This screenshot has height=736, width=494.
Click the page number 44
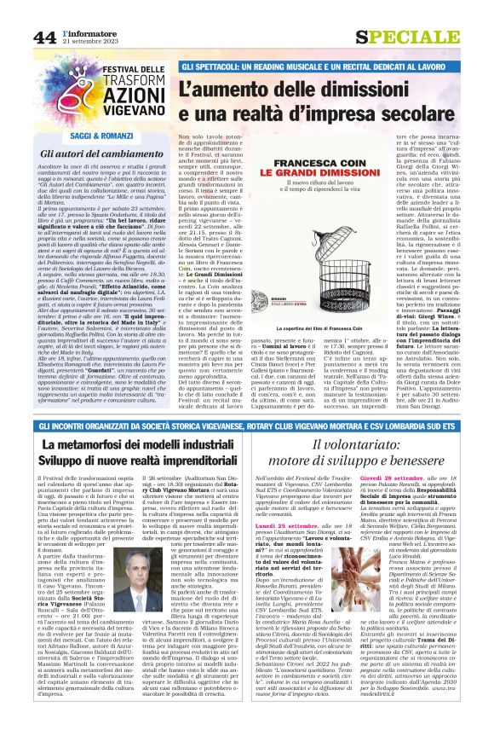pos(44,37)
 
